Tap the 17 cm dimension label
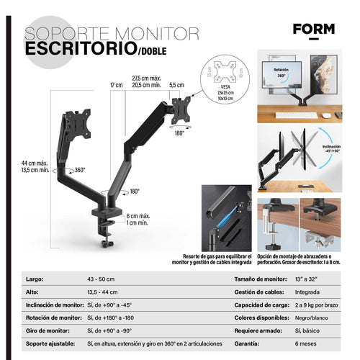116,85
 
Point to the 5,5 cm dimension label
176,85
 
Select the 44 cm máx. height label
35,164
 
